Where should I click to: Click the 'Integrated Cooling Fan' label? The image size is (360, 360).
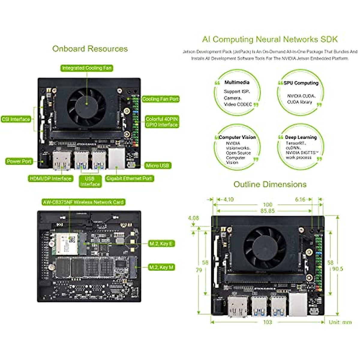[86, 68]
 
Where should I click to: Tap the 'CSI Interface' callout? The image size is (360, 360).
[16, 119]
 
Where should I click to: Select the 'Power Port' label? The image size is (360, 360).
[19, 161]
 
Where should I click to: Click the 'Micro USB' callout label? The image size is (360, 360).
[157, 166]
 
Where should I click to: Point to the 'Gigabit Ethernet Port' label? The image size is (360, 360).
[129, 178]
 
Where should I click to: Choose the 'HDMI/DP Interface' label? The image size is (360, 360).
[51, 179]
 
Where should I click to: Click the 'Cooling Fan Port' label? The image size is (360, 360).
[160, 99]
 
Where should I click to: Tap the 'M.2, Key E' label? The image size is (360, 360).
[161, 244]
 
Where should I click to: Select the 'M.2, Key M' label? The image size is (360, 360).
[161, 267]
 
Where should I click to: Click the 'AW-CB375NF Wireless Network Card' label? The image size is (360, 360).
[83, 202]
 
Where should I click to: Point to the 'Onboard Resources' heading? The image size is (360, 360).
[90, 49]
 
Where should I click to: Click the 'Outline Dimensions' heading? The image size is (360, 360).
[270, 184]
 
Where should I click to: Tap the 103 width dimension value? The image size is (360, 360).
[267, 322]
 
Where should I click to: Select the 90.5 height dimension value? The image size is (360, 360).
[337, 269]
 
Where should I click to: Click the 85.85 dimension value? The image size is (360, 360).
[267, 211]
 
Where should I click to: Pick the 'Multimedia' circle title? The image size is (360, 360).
[237, 82]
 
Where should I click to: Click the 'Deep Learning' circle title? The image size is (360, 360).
[301, 137]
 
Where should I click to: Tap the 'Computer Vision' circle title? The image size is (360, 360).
[237, 137]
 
